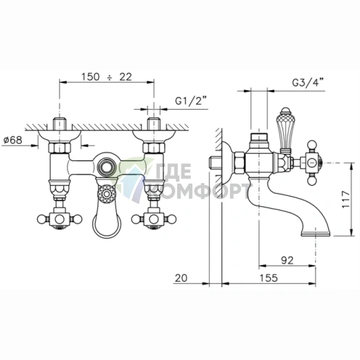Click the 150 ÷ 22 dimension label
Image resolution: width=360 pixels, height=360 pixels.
click(x=107, y=77)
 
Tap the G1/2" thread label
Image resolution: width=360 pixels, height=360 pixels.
click(x=192, y=101)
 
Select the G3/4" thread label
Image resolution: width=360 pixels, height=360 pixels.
click(x=308, y=83)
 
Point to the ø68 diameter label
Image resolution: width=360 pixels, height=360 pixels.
click(x=13, y=140)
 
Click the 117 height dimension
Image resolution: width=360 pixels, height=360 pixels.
click(x=345, y=200)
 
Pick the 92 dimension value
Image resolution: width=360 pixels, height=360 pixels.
click(x=287, y=260)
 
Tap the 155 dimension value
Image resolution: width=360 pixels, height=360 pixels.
click(x=269, y=278)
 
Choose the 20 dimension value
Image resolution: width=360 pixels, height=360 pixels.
click(x=181, y=278)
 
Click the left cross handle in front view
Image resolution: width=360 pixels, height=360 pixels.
click(x=60, y=219)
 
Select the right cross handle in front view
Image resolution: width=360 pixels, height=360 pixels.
click(x=154, y=219)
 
